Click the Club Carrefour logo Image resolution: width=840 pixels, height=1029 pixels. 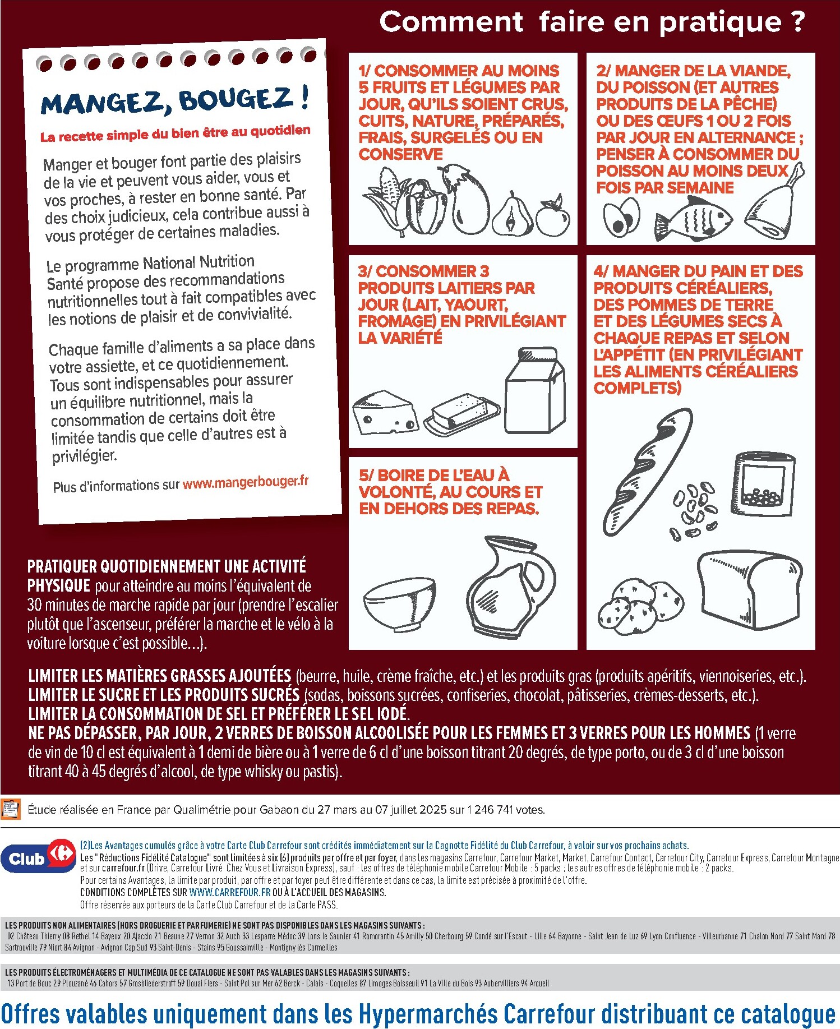38,857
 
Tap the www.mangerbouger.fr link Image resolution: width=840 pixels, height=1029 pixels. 245,482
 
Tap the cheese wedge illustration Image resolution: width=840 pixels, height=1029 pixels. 385,413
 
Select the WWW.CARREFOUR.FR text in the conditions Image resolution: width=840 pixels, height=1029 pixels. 230,892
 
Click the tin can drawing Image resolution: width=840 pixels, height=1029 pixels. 764,483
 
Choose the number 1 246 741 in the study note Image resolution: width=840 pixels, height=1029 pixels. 487,810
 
